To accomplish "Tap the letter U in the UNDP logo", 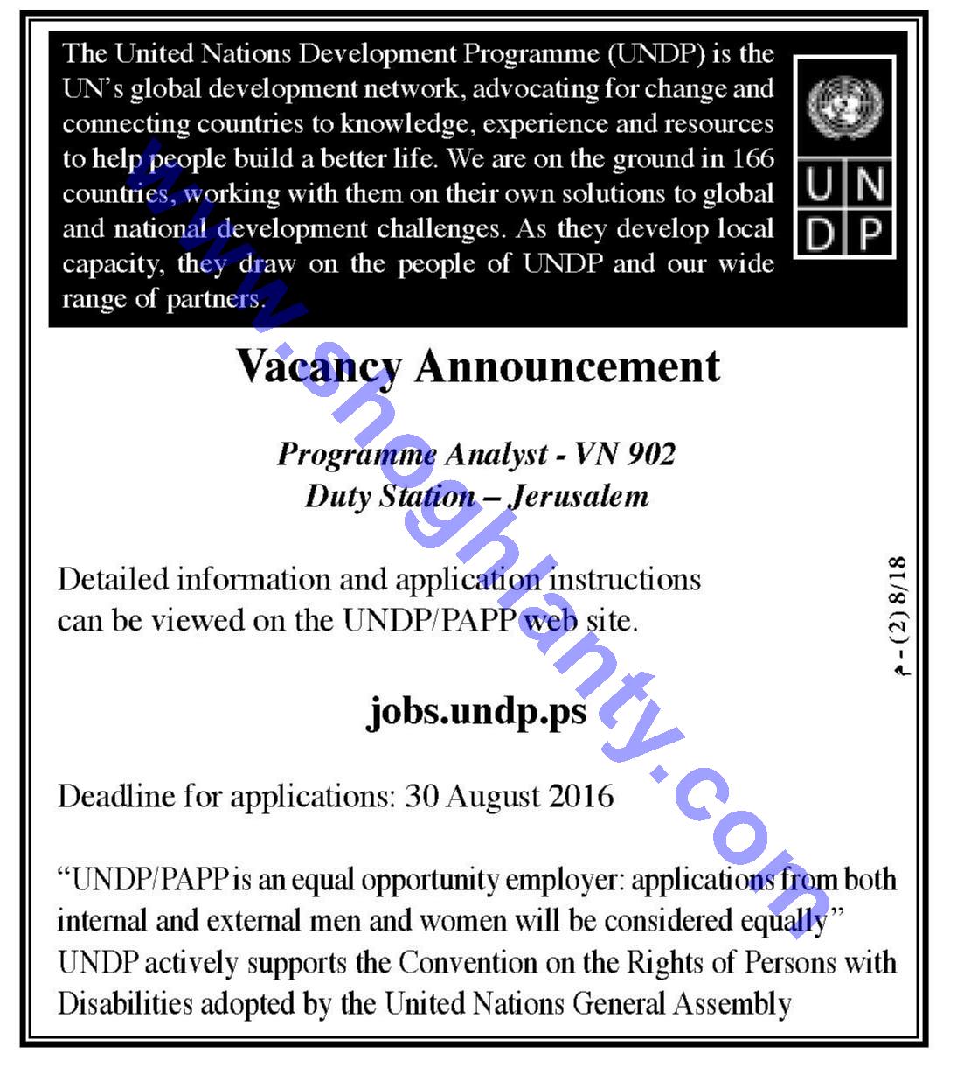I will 820,185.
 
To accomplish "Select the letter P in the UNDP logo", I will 870,234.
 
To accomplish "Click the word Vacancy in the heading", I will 319,367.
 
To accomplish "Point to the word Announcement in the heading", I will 567,366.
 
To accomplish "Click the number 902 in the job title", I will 649,454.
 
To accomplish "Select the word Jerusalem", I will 579,496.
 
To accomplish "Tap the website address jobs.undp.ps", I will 477,710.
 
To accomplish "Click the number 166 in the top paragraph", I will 753,158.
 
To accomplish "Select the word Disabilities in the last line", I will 125,1003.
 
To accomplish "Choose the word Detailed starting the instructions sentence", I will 113,579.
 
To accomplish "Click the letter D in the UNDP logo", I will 820,234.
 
